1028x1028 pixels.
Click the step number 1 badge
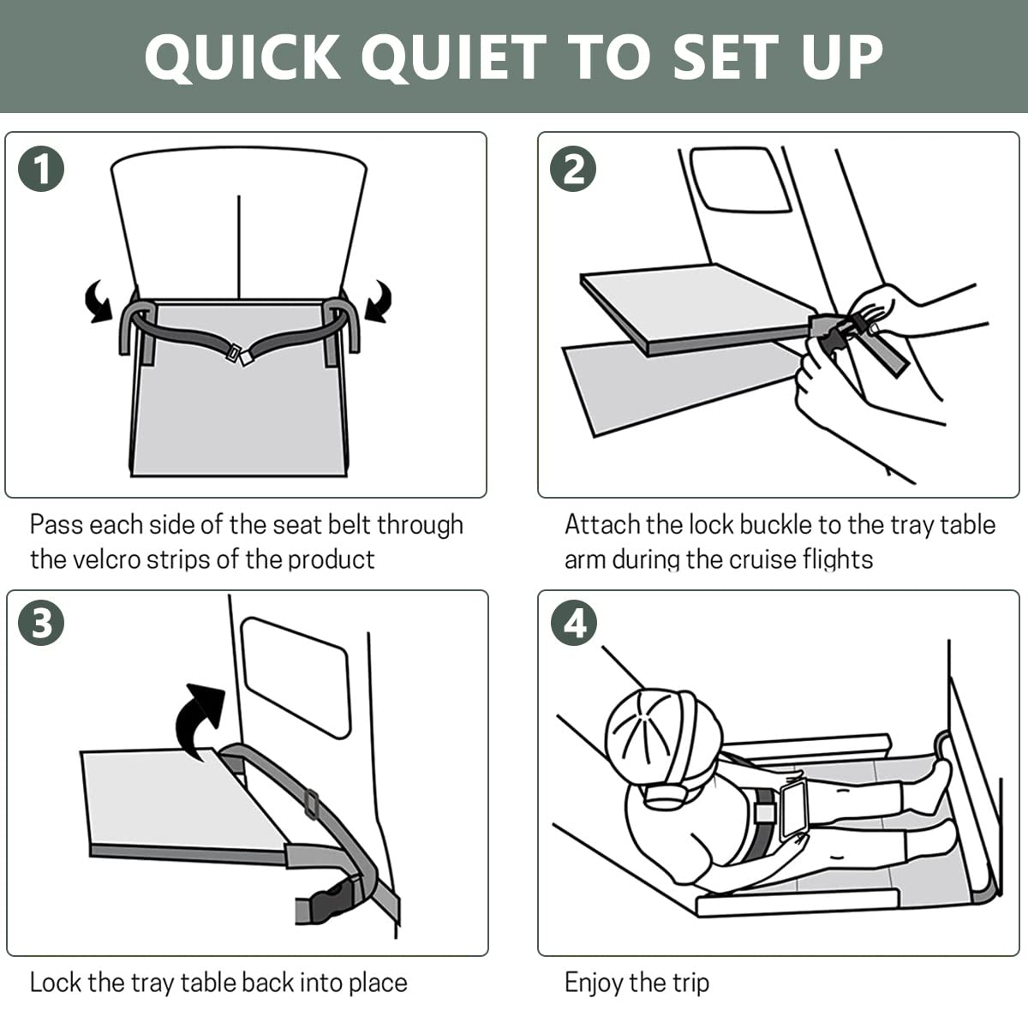pyautogui.click(x=41, y=169)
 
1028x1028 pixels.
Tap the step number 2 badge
pyautogui.click(x=573, y=169)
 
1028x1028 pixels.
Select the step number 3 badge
pyautogui.click(x=41, y=624)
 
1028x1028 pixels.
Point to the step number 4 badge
pyautogui.click(x=573, y=624)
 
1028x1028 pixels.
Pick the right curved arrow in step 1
pyautogui.click(x=377, y=302)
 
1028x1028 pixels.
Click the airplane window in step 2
pyautogui.click(x=740, y=180)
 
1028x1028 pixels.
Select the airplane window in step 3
pyautogui.click(x=296, y=677)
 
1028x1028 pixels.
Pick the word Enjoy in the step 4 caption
pyautogui.click(x=593, y=982)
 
